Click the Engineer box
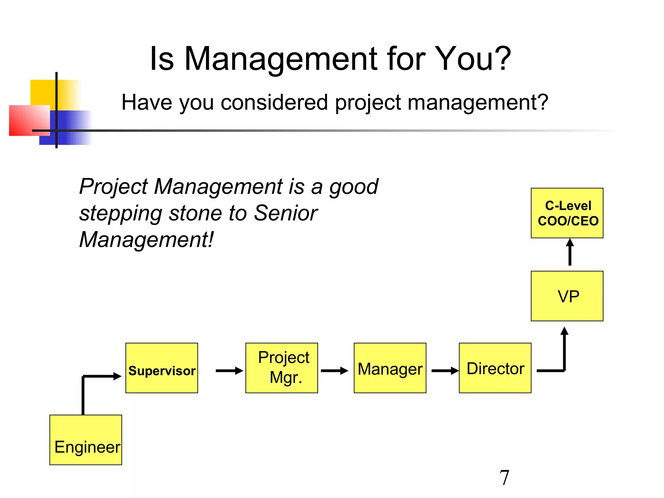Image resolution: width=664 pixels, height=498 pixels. tap(86, 440)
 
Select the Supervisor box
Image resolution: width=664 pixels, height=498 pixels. tap(161, 368)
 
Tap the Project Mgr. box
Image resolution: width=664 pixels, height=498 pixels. tap(281, 368)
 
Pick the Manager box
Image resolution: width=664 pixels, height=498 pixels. tap(390, 368)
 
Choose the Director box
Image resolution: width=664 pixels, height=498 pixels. tap(495, 368)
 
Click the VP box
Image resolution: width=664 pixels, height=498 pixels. tap(567, 296)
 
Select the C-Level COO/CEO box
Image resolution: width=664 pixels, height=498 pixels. tap(567, 213)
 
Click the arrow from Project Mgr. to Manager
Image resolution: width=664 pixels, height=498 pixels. tap(334, 371)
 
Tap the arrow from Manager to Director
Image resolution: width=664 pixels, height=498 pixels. tap(445, 371)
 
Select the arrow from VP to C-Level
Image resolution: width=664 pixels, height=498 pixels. tap(570, 252)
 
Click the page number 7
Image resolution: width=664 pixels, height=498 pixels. tap(504, 478)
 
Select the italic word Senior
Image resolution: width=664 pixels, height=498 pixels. tap(285, 213)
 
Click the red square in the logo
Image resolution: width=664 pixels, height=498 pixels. tap(28, 120)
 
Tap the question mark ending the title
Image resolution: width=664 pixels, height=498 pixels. tap(502, 59)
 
